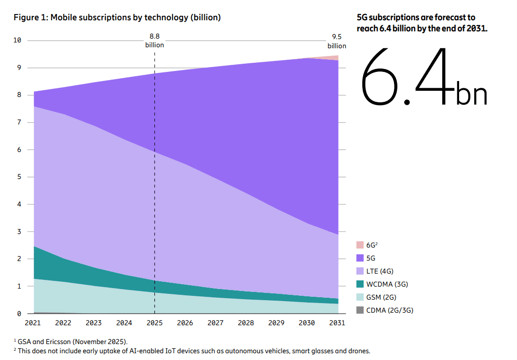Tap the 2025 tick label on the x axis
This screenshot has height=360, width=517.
click(154, 323)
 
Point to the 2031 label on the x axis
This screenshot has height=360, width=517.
click(337, 323)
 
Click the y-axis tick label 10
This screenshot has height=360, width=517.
click(17, 40)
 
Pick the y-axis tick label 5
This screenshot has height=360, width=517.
click(19, 177)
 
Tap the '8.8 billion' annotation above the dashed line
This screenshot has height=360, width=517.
click(154, 41)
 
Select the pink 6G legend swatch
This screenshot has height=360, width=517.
click(360, 245)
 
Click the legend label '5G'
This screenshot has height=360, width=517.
click(371, 258)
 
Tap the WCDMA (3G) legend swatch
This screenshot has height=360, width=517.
click(360, 284)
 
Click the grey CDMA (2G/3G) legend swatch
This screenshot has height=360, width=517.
click(360, 310)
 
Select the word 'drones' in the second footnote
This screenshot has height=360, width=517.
click(359, 351)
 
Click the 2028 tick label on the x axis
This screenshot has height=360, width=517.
click(245, 323)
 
